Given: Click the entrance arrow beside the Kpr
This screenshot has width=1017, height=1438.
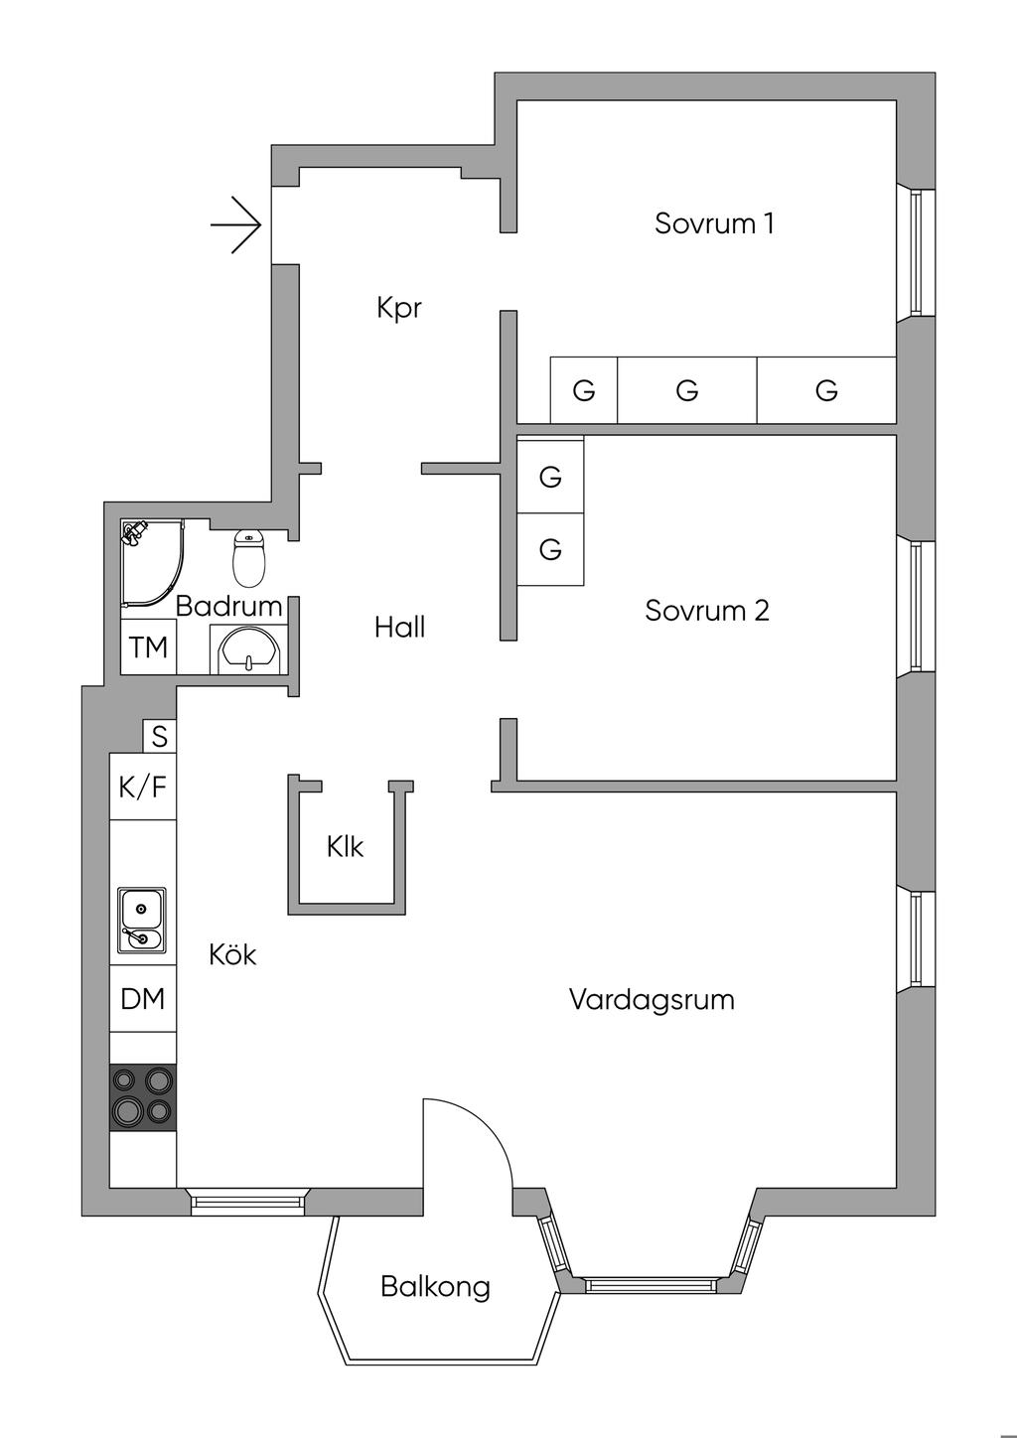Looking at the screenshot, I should pos(236,224).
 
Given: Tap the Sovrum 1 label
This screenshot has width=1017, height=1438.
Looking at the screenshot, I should pos(714,223).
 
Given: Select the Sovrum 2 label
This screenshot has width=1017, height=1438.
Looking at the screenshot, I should pos(706,610).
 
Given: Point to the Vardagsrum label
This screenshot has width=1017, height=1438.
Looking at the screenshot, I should pos(652,999).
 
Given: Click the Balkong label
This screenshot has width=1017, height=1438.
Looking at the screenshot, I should pos(435,1287).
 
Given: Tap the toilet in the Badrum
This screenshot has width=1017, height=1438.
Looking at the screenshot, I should pos(248,558).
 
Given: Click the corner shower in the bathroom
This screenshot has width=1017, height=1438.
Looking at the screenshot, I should pos(150,562).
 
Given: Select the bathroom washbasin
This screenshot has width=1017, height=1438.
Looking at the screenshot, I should pos(248,651).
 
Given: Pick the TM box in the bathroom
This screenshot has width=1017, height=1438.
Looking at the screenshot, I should pos(149,647).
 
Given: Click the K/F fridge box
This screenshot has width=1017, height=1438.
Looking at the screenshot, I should pos(143,788).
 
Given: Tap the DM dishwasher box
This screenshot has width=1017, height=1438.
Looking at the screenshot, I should pos(143,999).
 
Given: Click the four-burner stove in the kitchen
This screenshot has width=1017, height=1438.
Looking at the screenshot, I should pos(143,1096).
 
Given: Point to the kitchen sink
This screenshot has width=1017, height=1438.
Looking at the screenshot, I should pos(142,921).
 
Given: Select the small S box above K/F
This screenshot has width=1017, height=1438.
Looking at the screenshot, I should pos(160,737).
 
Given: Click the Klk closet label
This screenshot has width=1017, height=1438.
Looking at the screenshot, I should pos(345,847).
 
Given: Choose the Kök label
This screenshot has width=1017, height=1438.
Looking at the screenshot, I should pos(232,954).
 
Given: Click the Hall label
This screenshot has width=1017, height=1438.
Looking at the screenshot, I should pos(400,627).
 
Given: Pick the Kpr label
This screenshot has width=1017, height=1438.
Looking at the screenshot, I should pos(399,307).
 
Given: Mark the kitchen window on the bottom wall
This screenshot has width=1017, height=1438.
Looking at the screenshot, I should pos(247,1202).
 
